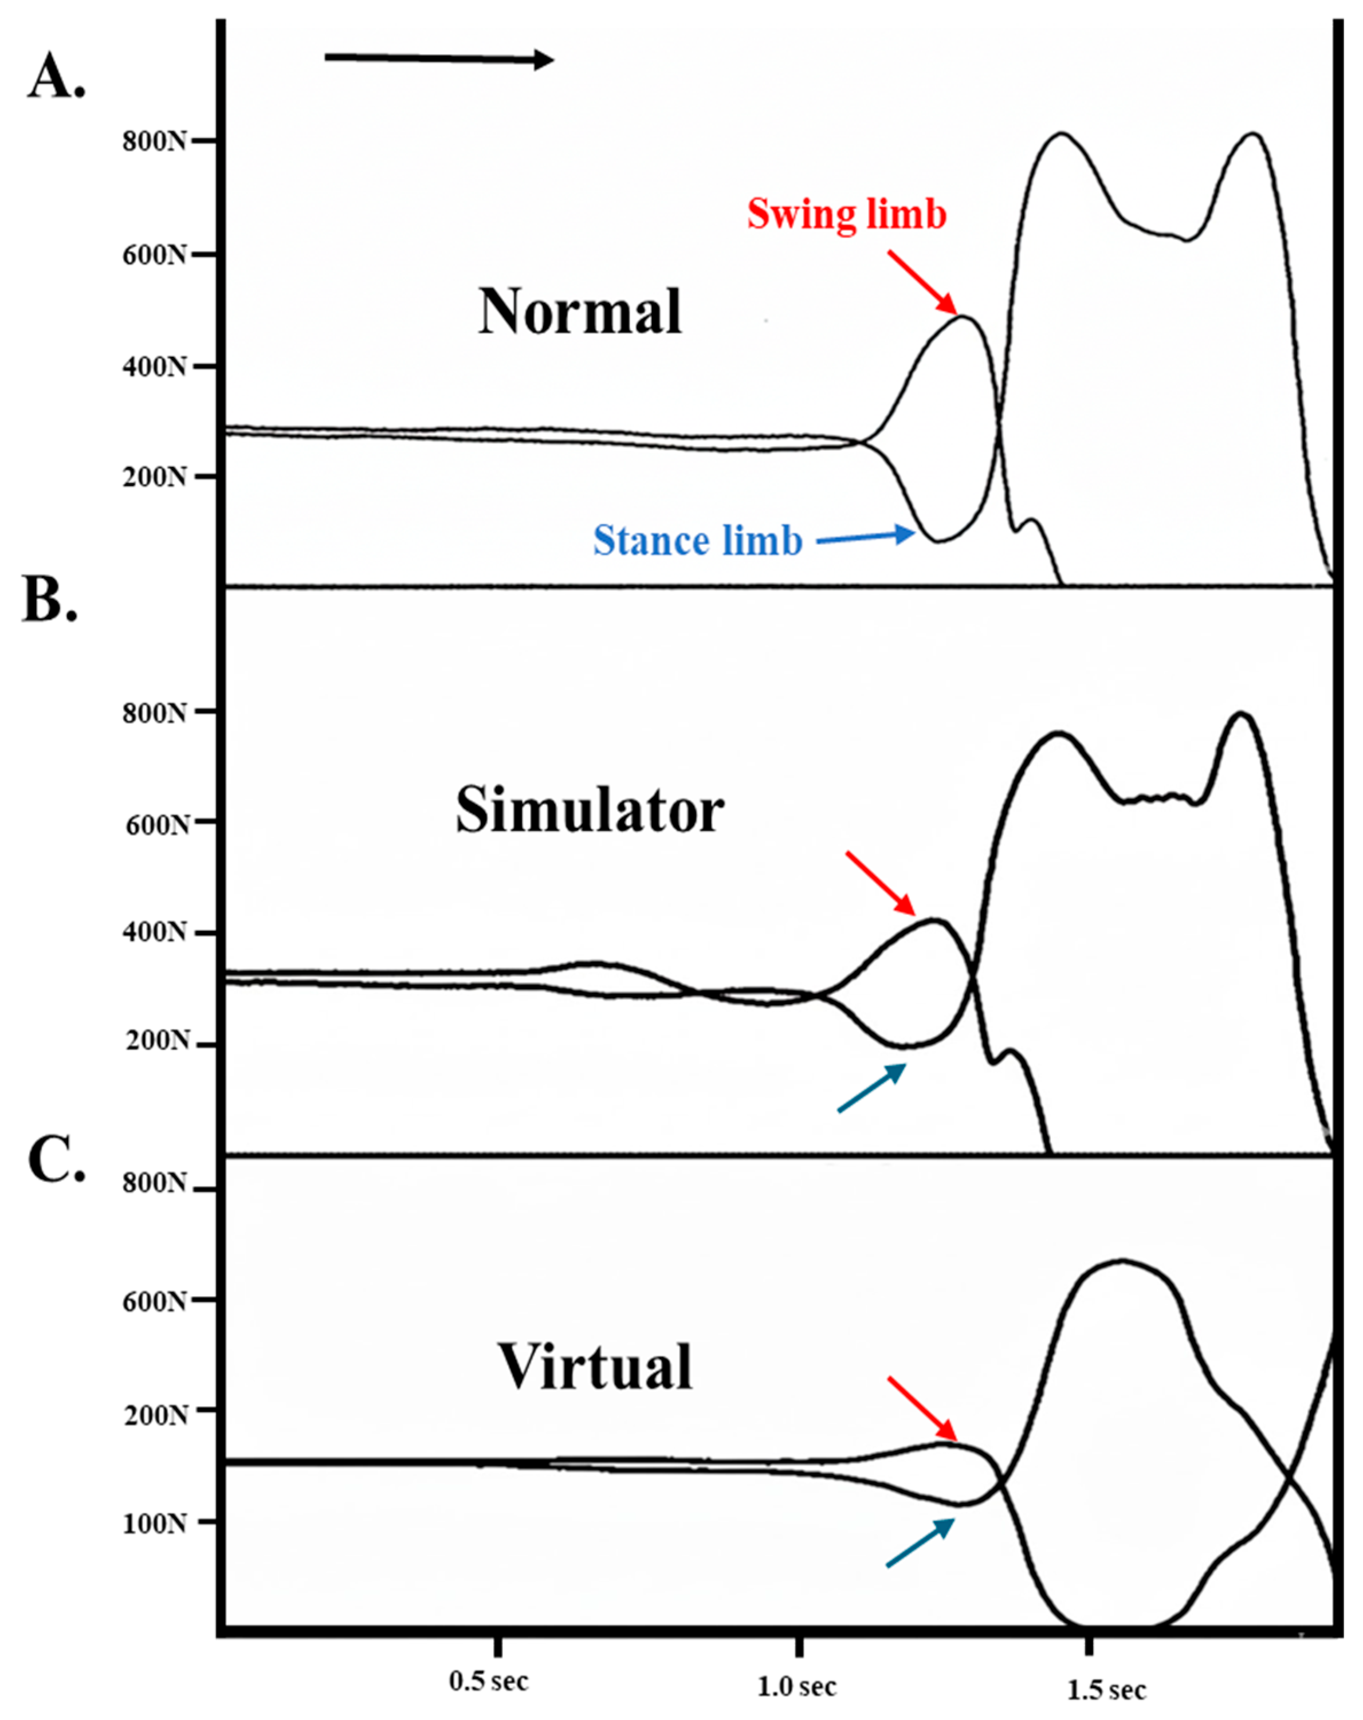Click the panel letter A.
click(56, 77)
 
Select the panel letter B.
click(49, 600)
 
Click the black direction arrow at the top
click(438, 58)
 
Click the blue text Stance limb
click(697, 541)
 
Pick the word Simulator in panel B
click(590, 810)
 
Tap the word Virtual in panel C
click(595, 1367)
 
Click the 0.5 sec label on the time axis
click(488, 1681)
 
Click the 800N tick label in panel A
click(154, 141)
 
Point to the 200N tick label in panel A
click(154, 477)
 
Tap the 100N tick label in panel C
click(154, 1523)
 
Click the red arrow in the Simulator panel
click(881, 883)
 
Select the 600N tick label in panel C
click(154, 1301)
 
